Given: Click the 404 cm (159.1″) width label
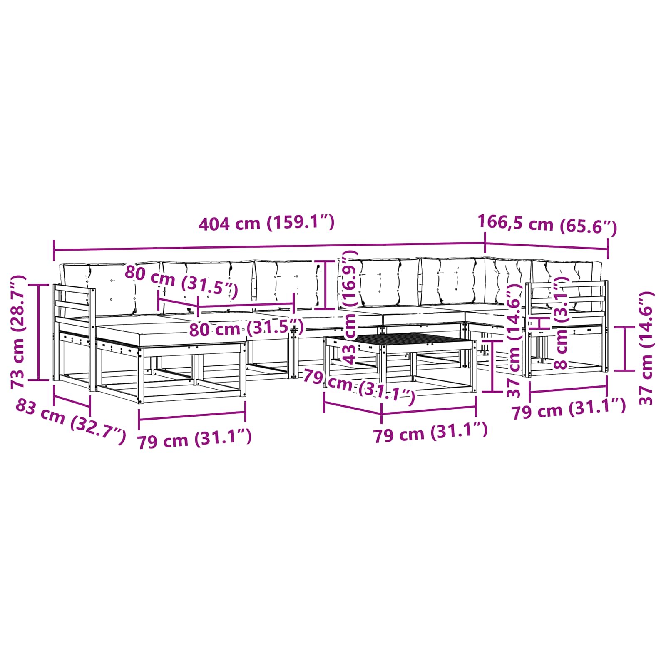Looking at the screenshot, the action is (266, 223).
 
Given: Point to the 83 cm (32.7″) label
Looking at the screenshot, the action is (70, 421).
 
